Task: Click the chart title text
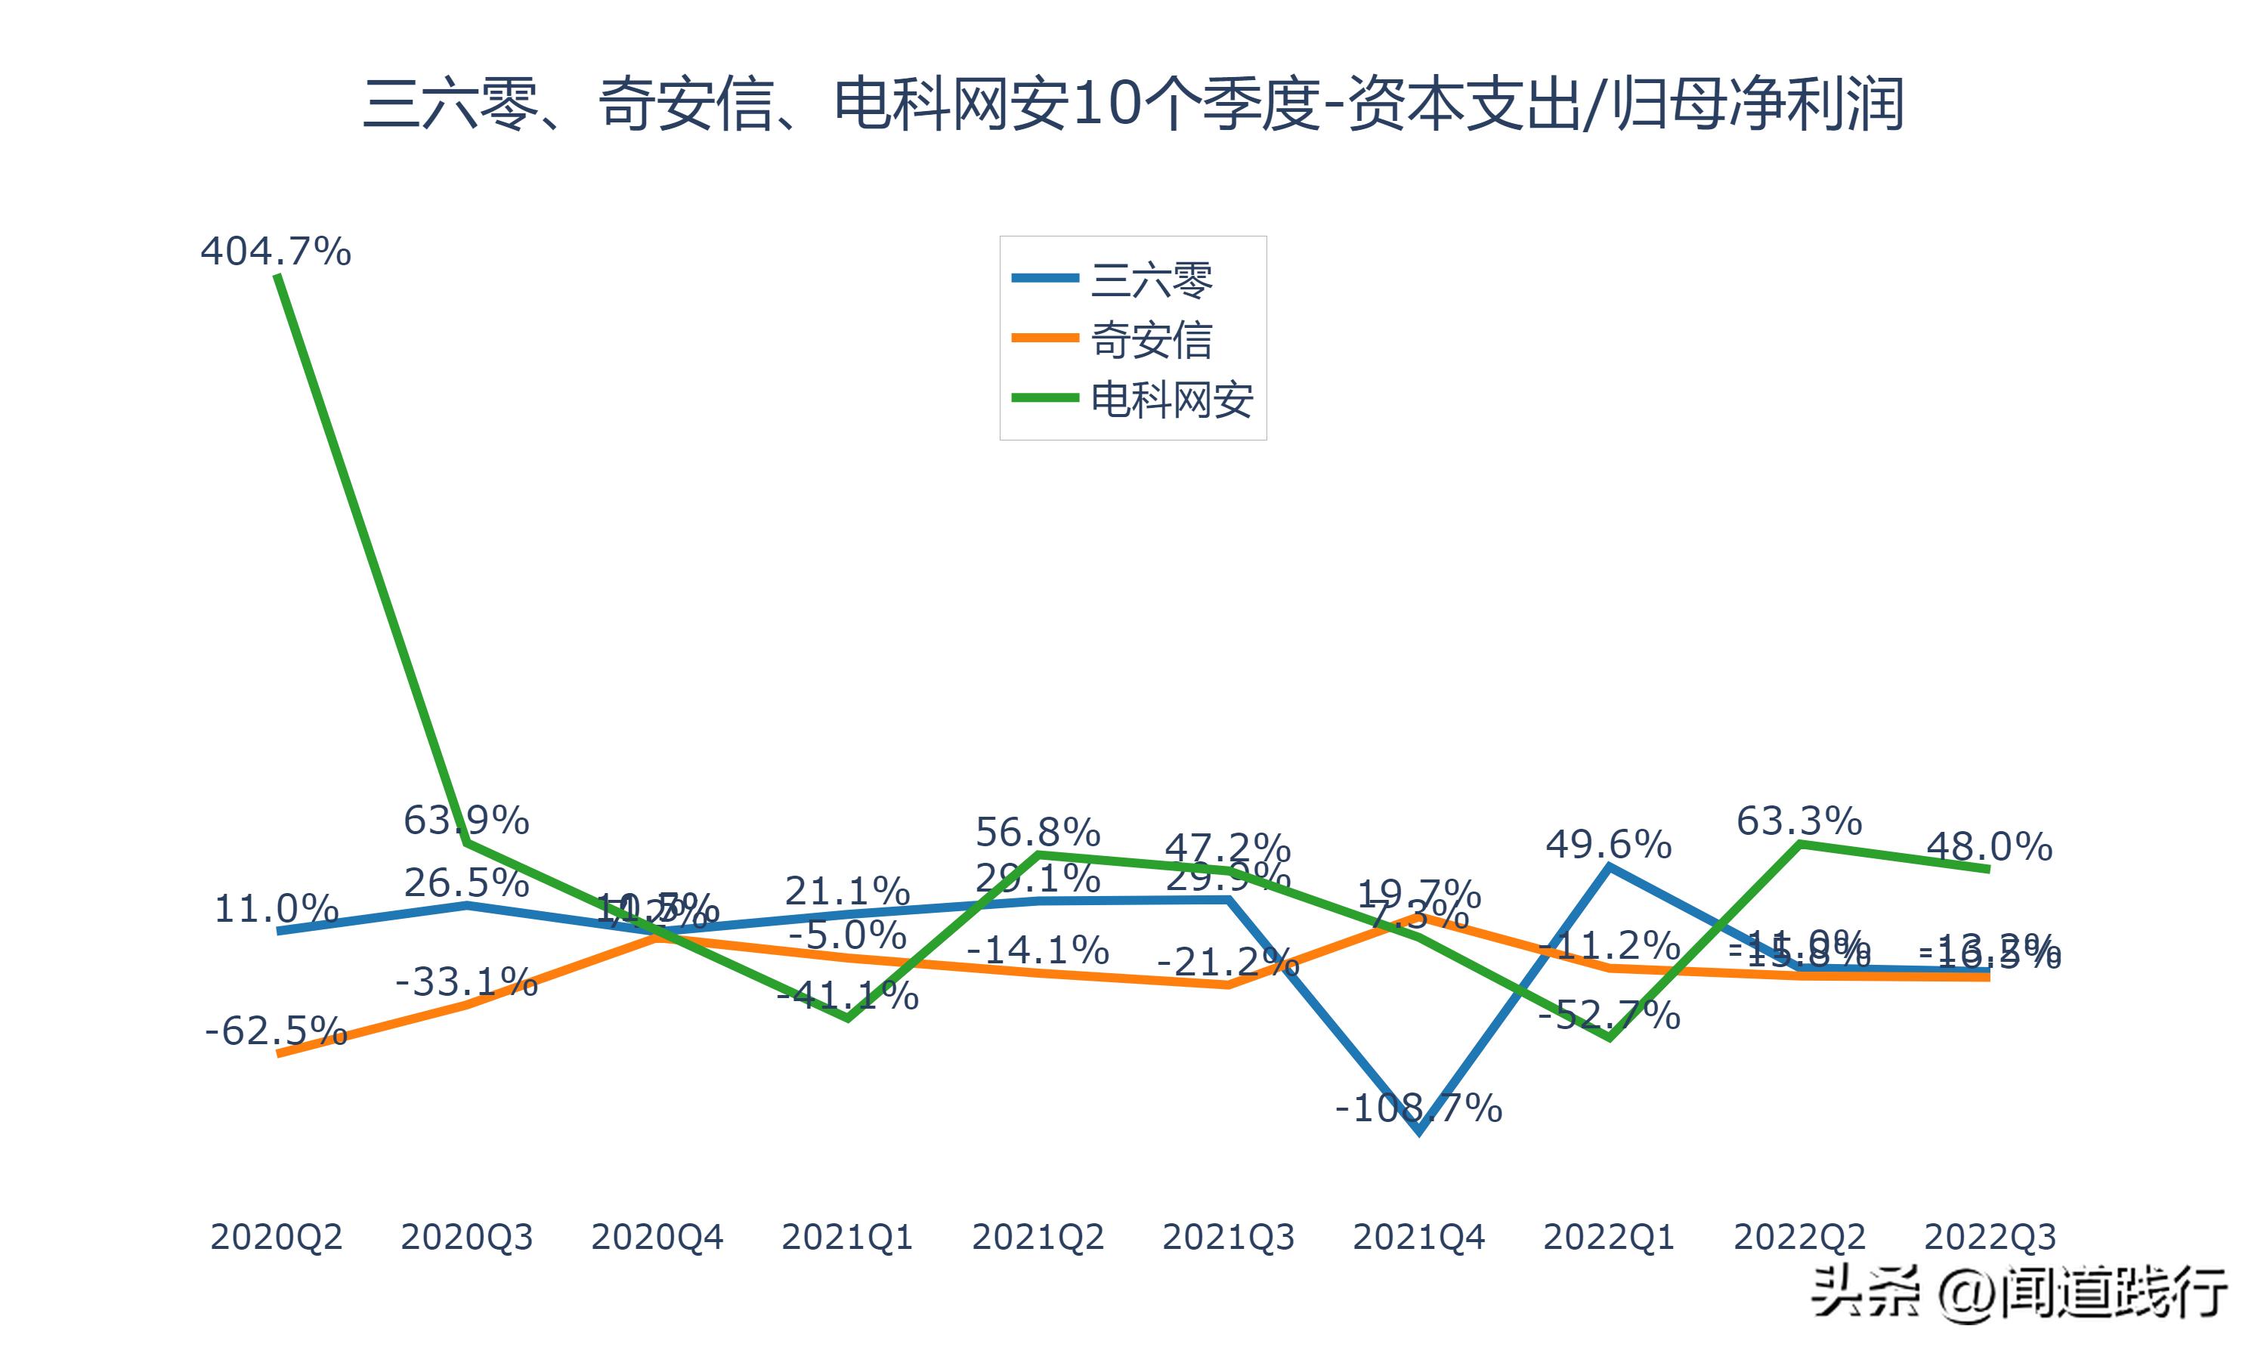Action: click(1133, 104)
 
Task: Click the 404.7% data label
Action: click(276, 251)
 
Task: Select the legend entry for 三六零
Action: click(1151, 280)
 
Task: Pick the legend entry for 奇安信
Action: click(1151, 340)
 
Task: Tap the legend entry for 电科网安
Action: click(1171, 400)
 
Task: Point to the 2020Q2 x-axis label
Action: click(276, 1237)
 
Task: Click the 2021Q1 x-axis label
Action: click(846, 1237)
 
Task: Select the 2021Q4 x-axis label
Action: click(1418, 1237)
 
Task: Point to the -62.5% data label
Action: click(276, 1031)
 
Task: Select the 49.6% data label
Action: click(1608, 844)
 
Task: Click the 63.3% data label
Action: click(1798, 821)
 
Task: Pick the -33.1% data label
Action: click(466, 982)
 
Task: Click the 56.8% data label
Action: click(1038, 832)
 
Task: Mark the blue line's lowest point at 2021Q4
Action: click(1418, 1132)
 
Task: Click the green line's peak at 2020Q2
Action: click(277, 276)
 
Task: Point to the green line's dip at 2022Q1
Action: click(1609, 1037)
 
